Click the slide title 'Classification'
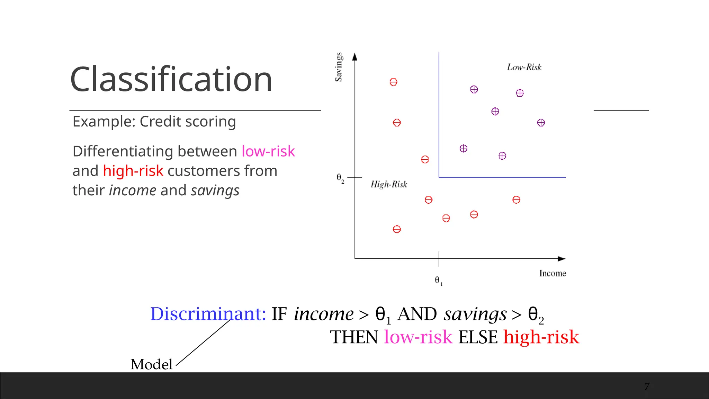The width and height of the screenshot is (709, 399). tap(171, 79)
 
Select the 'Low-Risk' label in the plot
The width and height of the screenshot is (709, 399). tap(524, 67)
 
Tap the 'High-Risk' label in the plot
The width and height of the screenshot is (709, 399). tap(389, 184)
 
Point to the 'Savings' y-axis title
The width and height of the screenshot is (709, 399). tap(339, 67)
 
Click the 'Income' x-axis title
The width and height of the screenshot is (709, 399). tap(553, 273)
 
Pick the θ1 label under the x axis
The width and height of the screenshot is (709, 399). tap(438, 281)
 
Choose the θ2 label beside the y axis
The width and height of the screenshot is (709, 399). tap(340, 178)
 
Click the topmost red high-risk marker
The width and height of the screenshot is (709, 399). tap(393, 82)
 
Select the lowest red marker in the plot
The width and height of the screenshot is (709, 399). tap(397, 229)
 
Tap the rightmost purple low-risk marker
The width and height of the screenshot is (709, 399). tap(541, 123)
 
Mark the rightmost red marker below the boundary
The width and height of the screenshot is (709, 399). tap(516, 200)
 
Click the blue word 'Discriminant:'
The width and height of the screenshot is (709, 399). tap(208, 314)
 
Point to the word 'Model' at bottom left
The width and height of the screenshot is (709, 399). tap(151, 364)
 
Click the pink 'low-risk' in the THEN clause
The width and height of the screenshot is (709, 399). tap(418, 337)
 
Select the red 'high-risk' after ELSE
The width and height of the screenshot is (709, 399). tap(541, 337)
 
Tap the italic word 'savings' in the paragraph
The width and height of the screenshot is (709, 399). tap(215, 190)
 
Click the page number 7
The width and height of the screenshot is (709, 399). tap(647, 386)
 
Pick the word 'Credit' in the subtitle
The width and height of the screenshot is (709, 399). tap(160, 122)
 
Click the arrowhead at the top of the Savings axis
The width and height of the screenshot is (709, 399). tap(354, 56)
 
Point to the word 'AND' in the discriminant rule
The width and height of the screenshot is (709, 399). tap(417, 314)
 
